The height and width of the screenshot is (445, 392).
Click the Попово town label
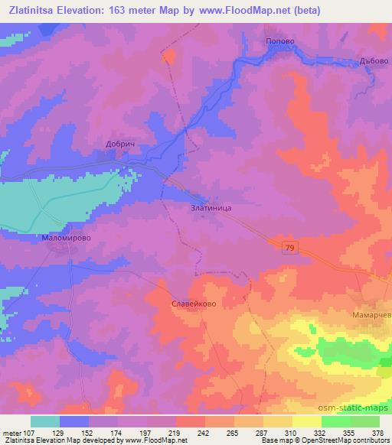[x=279, y=41]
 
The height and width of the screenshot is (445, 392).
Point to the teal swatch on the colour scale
[x=44, y=421]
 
